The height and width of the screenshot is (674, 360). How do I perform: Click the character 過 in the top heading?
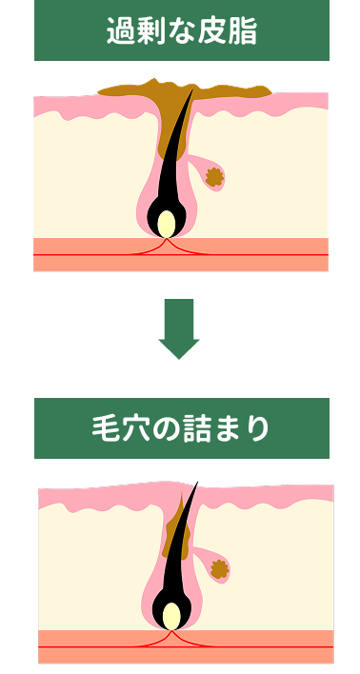(120, 30)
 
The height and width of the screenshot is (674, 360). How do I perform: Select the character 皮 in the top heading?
(212, 30)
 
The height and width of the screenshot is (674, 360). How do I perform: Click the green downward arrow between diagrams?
(178, 329)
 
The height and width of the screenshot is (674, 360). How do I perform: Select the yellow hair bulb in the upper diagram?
(167, 224)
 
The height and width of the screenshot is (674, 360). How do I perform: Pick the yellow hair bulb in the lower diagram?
(171, 616)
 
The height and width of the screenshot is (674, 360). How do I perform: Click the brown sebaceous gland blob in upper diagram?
(215, 177)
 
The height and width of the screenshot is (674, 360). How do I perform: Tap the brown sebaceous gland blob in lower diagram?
(220, 569)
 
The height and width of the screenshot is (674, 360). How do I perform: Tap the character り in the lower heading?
(256, 428)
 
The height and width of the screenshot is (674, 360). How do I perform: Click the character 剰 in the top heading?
(151, 30)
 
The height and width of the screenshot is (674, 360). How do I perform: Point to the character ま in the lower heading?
(228, 428)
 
